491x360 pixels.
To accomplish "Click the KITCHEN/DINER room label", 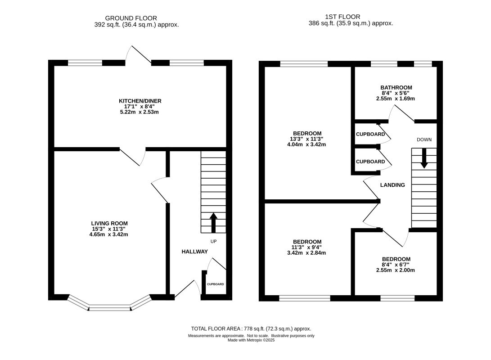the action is (140, 101).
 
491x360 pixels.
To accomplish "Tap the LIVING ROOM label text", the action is (109, 223).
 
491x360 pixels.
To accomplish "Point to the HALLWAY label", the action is (194, 252).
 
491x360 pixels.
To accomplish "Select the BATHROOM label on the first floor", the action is (396, 87).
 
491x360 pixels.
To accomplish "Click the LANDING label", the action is (392, 184).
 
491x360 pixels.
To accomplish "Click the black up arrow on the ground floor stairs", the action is (213, 223).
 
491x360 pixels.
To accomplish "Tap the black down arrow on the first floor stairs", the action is (424, 158).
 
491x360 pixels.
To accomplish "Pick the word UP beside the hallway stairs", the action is (214, 241).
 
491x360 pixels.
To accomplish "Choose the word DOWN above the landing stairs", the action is (424, 139).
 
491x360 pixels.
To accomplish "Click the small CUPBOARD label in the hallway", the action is (216, 284).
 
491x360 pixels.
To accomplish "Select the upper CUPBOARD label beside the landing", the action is (370, 134).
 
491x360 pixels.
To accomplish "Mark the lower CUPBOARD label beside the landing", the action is (370, 162).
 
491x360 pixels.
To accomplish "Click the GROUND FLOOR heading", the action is (131, 18).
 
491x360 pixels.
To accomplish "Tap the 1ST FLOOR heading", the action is (342, 17).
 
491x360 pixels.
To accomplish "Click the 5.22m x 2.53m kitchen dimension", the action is (140, 112).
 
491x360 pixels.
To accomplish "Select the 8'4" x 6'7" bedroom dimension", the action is (396, 265).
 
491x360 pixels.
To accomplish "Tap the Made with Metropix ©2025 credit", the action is (251, 340).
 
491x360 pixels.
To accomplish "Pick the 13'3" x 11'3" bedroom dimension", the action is (306, 139).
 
